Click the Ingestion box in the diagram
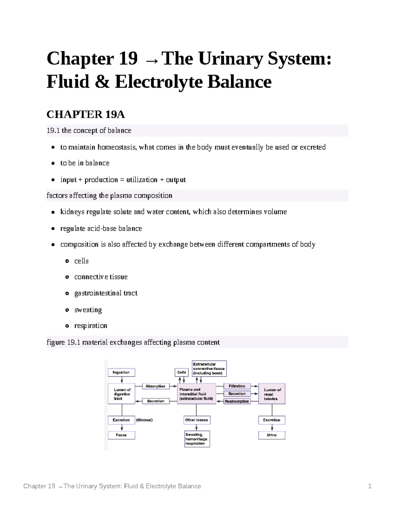pyautogui.click(x=121, y=372)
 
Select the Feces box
pyautogui.click(x=121, y=435)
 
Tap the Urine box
pyautogui.click(x=272, y=435)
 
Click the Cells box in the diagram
pyautogui.click(x=181, y=372)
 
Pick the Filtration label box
pyautogui.click(x=237, y=386)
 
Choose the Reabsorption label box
pyautogui.click(x=237, y=401)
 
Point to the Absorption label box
pyautogui.click(x=155, y=386)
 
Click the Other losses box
pyautogui.click(x=197, y=420)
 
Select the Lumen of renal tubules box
pyautogui.click(x=272, y=394)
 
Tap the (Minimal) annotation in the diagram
pyautogui.click(x=144, y=420)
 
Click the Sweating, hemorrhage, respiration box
pyautogui.click(x=197, y=439)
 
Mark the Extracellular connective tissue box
pyautogui.click(x=209, y=369)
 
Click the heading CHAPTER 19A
pyautogui.click(x=86, y=115)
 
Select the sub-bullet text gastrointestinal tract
pyautogui.click(x=106, y=293)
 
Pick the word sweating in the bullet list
pyautogui.click(x=88, y=310)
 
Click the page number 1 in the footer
pyautogui.click(x=370, y=486)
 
